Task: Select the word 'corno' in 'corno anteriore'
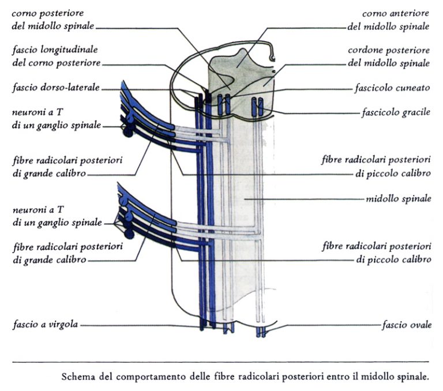click(x=374, y=13)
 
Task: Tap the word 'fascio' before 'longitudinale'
click(x=25, y=50)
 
